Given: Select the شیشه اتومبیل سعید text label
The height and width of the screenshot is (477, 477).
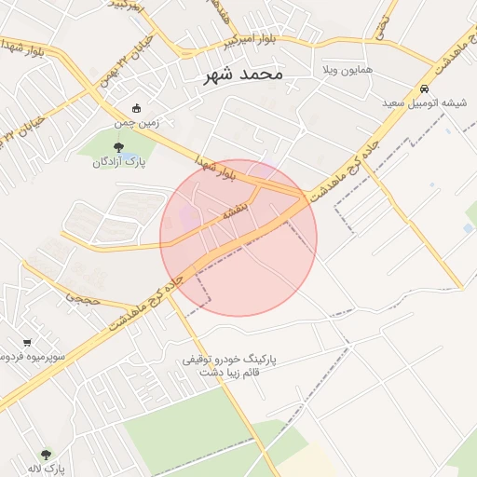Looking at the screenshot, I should tap(421, 102).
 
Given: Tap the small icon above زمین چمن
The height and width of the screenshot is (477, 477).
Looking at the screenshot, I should tap(137, 108).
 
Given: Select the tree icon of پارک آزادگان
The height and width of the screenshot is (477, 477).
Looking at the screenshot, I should tap(117, 147).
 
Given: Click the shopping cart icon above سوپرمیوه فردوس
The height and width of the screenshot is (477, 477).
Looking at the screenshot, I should tap(27, 342).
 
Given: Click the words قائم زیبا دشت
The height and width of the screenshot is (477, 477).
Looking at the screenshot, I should tap(241, 372).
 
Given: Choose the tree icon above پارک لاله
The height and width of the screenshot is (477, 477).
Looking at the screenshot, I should tap(46, 455).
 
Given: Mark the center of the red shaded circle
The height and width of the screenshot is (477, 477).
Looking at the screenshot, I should tap(238, 238).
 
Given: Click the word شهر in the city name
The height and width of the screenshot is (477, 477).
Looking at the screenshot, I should tap(221, 74).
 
